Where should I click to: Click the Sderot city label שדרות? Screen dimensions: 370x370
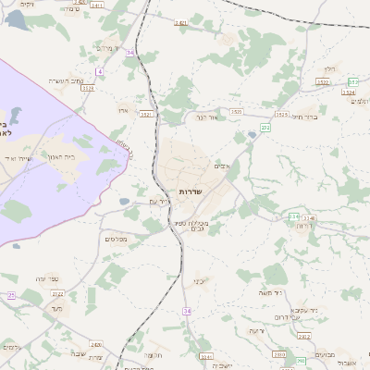pyautogui.click(x=190, y=191)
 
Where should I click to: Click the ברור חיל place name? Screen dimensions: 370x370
pyautogui.click(x=304, y=117)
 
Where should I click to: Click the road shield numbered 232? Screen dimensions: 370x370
pyautogui.click(x=265, y=128)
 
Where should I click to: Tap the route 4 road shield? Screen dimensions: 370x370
pyautogui.click(x=99, y=71)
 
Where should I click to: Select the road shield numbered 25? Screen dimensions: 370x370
pyautogui.click(x=11, y=295)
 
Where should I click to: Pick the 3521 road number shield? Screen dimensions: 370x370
pyautogui.click(x=146, y=114)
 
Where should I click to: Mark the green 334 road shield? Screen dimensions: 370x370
pyautogui.click(x=294, y=216)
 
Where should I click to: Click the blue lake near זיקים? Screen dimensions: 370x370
pyautogui.click(x=16, y=20)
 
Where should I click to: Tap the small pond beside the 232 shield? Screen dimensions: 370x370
pyautogui.click(x=251, y=136)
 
